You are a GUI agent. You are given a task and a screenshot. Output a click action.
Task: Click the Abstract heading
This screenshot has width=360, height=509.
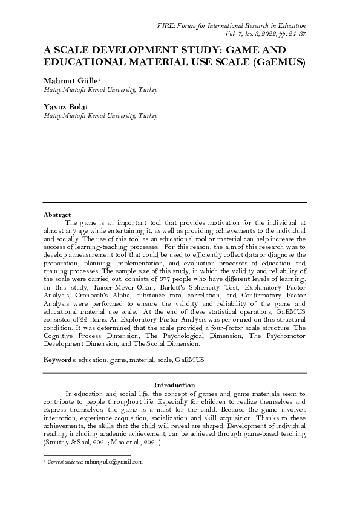[57, 214]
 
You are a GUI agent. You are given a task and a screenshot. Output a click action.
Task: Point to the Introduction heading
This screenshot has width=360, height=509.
[174, 385]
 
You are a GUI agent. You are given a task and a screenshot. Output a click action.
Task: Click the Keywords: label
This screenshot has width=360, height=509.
[60, 360]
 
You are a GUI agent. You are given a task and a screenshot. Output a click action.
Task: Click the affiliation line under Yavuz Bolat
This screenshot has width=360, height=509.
[100, 115]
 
